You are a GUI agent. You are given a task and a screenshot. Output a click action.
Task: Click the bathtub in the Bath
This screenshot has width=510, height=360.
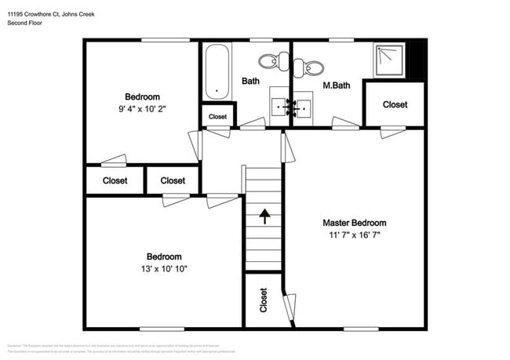217,72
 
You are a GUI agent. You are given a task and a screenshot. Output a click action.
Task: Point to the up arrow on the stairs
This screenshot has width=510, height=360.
264,216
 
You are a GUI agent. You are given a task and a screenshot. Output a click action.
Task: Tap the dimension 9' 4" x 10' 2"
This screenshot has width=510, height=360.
142,109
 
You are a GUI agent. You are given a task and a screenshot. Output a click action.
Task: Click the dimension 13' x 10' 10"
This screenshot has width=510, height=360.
164,269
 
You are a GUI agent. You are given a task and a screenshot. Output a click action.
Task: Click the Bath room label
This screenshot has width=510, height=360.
250,81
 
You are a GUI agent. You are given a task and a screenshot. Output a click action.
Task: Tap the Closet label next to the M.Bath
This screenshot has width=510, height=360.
395,104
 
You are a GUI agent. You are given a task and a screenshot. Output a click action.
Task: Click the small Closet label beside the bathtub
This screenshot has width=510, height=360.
217,117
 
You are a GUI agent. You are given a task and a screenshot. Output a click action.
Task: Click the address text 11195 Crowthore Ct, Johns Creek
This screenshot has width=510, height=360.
51,13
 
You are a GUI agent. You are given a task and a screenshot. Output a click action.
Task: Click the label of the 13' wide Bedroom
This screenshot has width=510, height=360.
164,256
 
